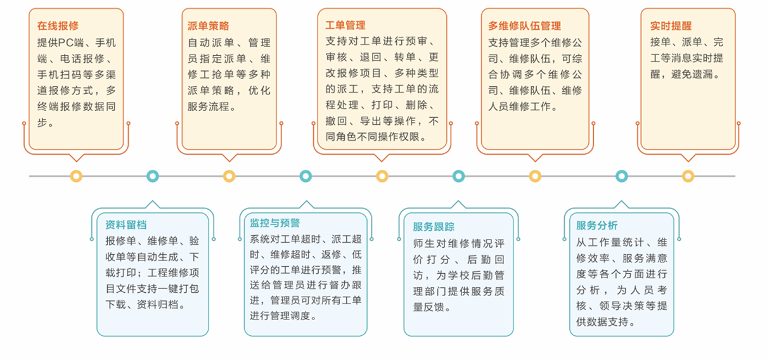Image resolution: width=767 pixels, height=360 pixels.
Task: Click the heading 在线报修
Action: [58, 25]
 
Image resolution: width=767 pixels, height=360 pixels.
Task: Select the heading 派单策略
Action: [208, 25]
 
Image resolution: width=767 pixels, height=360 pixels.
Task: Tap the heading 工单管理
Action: [345, 25]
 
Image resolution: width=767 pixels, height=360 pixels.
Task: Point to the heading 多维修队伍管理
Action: [525, 25]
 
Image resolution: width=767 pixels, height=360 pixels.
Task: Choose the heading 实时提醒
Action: [671, 25]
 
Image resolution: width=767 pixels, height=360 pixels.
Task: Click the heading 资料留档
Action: [126, 225]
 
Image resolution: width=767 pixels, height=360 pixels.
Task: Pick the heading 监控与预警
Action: [274, 223]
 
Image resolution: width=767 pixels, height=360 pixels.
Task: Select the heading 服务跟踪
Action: [434, 226]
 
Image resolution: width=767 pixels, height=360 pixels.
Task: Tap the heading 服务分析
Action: [597, 225]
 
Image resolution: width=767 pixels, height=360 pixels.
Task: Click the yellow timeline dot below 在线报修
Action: [76, 176]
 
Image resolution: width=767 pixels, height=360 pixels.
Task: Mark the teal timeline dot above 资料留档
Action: [153, 176]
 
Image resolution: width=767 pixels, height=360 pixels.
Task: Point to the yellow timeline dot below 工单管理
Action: [382, 176]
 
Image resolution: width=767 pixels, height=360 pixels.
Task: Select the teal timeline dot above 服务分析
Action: [621, 176]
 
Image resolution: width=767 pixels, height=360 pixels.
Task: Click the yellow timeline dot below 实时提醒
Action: [688, 176]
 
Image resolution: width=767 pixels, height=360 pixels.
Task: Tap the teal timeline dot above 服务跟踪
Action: [458, 176]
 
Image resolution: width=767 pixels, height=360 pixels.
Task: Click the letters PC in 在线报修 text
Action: [66, 42]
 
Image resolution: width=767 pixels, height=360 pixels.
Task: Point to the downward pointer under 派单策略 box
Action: [229, 158]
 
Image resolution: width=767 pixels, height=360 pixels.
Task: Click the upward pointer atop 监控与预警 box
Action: [306, 204]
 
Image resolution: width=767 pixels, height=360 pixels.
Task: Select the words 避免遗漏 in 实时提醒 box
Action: [692, 74]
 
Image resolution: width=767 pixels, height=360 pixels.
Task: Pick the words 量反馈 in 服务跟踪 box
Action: [429, 307]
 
